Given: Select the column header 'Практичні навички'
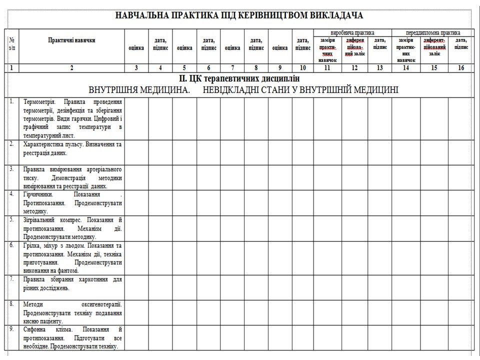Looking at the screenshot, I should point(72,40).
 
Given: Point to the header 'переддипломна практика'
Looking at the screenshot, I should point(433,32).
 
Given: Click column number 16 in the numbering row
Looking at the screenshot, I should point(461,68).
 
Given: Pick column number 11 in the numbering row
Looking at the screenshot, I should point(327,68).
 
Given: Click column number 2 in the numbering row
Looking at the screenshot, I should point(72,68).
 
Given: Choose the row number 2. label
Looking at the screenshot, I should point(12,144).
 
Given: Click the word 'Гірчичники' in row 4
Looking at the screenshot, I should point(37,194).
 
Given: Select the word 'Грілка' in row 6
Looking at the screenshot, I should point(31,245).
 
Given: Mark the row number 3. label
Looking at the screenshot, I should point(12,169).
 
